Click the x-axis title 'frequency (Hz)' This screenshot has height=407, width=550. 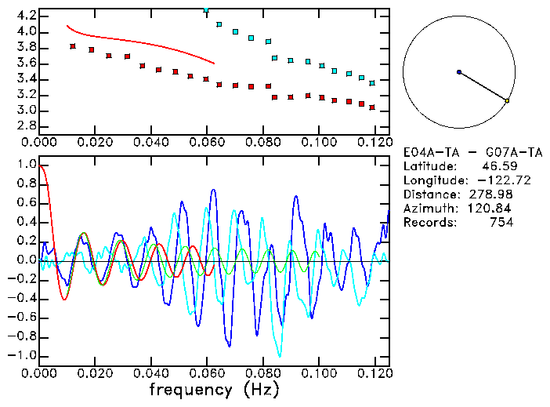[214, 389]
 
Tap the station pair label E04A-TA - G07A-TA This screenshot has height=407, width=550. [458, 152]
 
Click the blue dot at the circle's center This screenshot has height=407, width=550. [459, 72]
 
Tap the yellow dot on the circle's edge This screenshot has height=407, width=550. [507, 100]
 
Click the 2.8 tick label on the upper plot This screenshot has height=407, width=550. [27, 126]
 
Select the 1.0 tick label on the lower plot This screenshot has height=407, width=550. [27, 165]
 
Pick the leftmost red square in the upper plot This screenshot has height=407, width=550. [73, 46]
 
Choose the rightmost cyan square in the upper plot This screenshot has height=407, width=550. [372, 82]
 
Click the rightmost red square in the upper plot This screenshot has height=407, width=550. [372, 107]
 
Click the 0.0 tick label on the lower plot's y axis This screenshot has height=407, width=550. [27, 260]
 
